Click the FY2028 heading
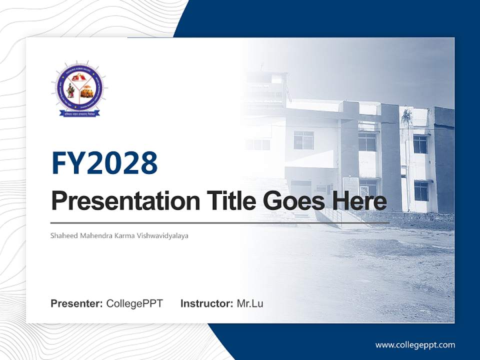[x=104, y=163]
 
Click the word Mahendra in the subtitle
[x=94, y=235]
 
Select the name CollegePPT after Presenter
[x=134, y=303]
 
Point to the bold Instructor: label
[x=206, y=303]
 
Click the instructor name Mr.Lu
[x=249, y=303]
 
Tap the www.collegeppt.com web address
[x=415, y=345]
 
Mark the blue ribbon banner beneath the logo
[x=79, y=113]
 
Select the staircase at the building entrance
[x=300, y=210]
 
